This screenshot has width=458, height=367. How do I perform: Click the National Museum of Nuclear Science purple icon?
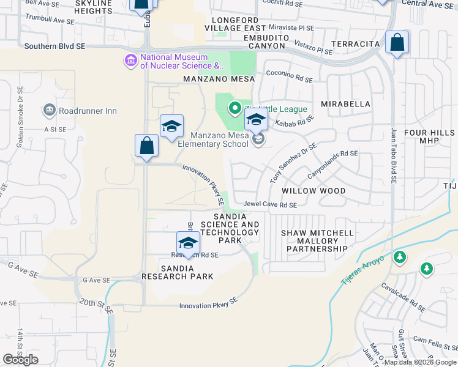130,61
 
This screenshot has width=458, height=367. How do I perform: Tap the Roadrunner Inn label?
88,111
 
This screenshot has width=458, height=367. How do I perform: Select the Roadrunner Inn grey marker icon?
49,110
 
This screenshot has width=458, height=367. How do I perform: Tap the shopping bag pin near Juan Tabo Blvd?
397,43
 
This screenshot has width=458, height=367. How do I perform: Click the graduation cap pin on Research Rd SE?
188,242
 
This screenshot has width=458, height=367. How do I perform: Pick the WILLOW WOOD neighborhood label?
313,191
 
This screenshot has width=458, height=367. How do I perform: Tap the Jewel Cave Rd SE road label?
270,205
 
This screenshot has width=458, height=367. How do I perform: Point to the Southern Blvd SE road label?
54,46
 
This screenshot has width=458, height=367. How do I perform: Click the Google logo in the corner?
20,360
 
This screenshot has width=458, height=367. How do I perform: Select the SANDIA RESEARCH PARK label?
178,272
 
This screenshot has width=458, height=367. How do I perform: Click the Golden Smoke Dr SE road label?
20,116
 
